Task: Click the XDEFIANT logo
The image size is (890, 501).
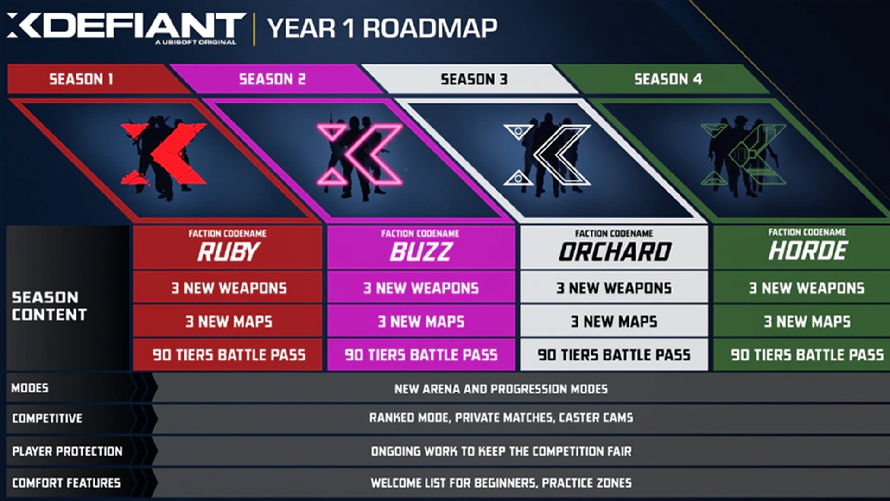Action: coord(126,28)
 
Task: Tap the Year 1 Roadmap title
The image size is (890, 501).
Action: coord(382,28)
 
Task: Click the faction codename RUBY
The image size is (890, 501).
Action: coord(228,252)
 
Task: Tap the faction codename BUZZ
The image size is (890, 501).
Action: coord(421,252)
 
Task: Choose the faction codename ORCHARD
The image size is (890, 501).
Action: coord(615,252)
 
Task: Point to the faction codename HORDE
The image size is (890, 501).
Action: coord(807,251)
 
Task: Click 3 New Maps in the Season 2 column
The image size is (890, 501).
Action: coord(421,321)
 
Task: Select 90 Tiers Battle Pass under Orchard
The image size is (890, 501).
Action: coord(614,355)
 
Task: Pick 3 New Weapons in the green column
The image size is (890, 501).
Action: coord(807,288)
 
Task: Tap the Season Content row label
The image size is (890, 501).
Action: coord(49,306)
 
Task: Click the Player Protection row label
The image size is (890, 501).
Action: coord(67,451)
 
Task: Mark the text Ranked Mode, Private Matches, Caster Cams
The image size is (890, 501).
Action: coord(501,418)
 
